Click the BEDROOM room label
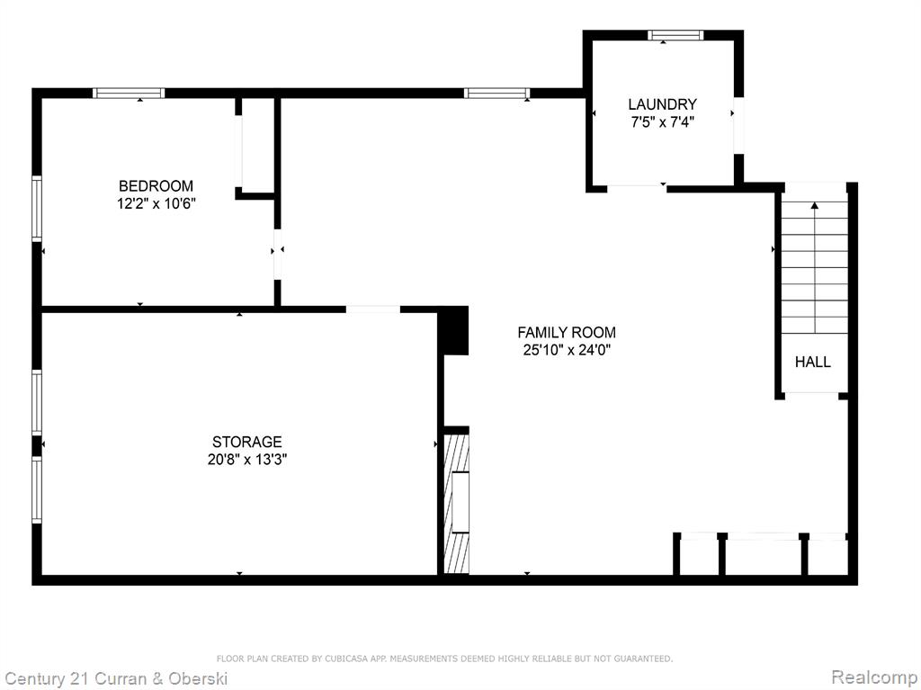tap(156, 186)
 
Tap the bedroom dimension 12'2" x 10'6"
tap(156, 204)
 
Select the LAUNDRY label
tap(663, 104)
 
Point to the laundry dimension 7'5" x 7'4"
tap(663, 122)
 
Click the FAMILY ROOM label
tap(567, 333)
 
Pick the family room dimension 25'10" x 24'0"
tap(567, 350)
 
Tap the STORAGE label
tap(247, 442)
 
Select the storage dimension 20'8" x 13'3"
tap(247, 460)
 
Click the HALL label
tap(813, 362)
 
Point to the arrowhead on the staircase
tap(815, 205)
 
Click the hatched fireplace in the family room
tap(456, 503)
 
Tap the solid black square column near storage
tap(455, 330)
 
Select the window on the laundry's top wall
tap(675, 35)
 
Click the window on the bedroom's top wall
tap(129, 93)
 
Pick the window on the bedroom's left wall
tap(37, 208)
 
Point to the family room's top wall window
tap(496, 93)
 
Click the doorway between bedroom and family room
tap(277, 254)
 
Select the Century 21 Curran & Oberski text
tap(116, 679)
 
